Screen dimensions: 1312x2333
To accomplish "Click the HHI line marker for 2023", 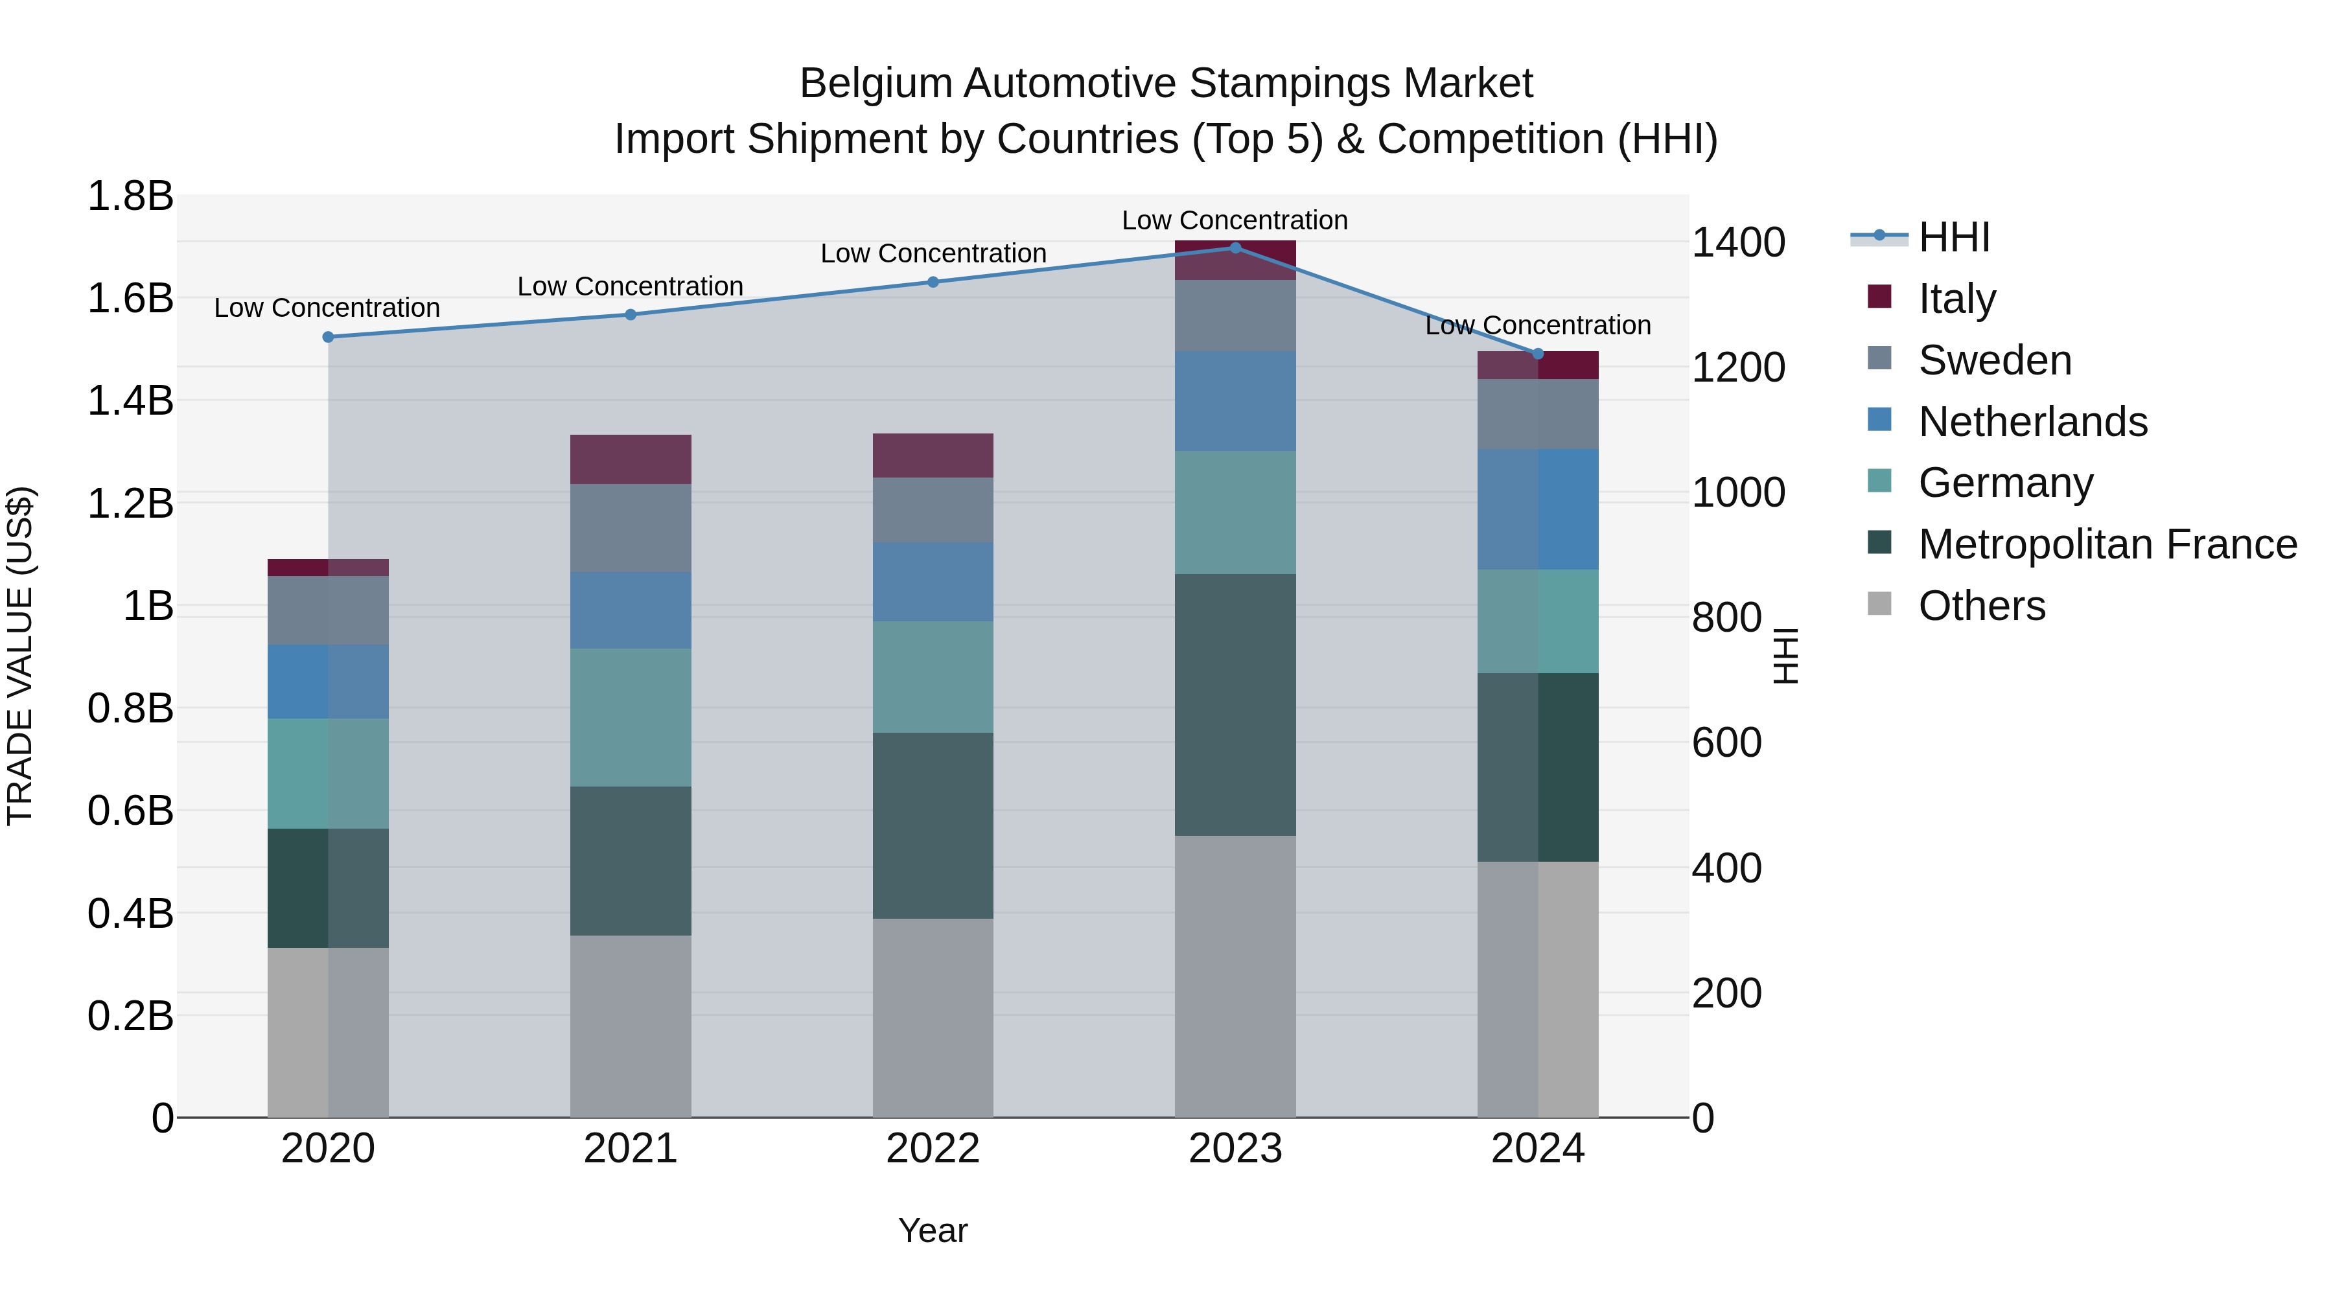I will click(x=1235, y=247).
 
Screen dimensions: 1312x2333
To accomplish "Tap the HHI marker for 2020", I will click(x=328, y=337).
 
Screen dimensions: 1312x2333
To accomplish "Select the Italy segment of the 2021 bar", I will click(x=631, y=459).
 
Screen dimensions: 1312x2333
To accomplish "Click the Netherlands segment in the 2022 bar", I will click(x=933, y=581).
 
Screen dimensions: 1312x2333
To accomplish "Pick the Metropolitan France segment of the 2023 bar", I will click(x=1235, y=704).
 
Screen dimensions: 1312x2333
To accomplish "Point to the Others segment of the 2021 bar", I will click(x=631, y=1026).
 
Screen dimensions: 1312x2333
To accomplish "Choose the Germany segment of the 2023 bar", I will click(x=1235, y=512).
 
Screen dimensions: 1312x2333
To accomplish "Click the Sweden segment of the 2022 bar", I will click(x=933, y=510).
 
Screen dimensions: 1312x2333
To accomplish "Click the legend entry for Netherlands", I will click(x=2032, y=422).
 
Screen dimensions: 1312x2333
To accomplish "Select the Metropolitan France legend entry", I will click(x=2107, y=544).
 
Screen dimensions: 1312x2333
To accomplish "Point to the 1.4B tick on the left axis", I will click(x=130, y=400).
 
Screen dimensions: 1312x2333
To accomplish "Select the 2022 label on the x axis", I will click(x=933, y=1149).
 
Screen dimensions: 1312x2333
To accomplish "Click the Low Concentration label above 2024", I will click(x=1538, y=325).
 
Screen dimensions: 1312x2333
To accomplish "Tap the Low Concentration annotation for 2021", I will click(x=631, y=286).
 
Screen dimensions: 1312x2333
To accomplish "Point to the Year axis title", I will click(x=933, y=1230).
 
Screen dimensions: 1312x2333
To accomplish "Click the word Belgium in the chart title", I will click(x=875, y=84).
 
